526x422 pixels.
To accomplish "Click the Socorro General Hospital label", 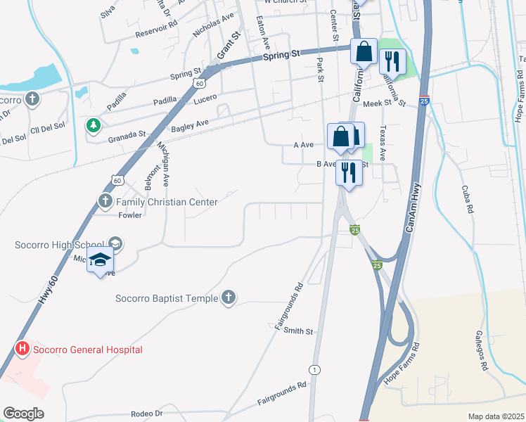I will click(x=87, y=350).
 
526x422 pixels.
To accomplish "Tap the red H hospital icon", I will click(x=23, y=349).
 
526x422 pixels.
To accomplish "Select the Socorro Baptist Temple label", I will click(x=167, y=298).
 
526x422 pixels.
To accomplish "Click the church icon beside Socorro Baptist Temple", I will click(x=228, y=298).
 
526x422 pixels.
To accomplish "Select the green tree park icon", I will click(x=92, y=125).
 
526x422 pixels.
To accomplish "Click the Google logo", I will click(x=23, y=414).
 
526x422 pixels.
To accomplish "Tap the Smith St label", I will click(x=299, y=331).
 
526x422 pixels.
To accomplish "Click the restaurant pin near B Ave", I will click(x=349, y=172).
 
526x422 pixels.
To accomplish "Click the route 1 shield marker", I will click(x=314, y=369).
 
